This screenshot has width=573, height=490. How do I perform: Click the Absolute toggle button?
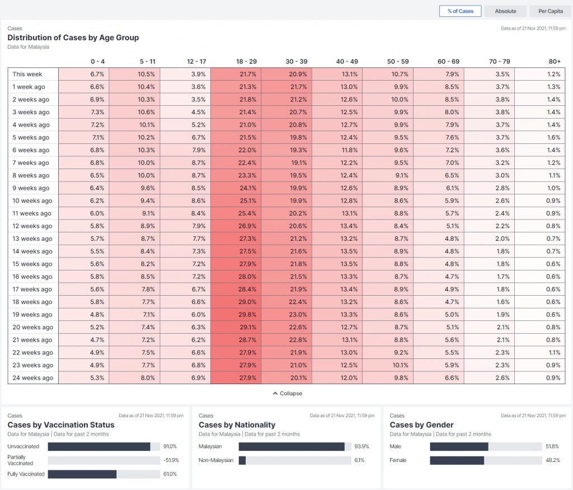click(505, 11)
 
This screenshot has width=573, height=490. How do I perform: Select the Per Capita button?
click(550, 11)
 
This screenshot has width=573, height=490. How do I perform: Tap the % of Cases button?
click(460, 11)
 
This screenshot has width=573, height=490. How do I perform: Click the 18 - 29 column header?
click(247, 61)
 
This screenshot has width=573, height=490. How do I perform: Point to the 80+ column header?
click(555, 61)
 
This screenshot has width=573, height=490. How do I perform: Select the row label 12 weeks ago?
click(32, 226)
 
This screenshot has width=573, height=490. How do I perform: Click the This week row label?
click(27, 74)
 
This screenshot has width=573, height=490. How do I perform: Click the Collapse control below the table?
click(287, 394)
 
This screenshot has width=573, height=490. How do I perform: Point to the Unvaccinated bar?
click(99, 447)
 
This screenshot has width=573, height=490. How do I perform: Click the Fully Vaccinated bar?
click(82, 474)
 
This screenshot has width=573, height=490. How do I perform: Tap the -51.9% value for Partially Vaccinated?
click(170, 460)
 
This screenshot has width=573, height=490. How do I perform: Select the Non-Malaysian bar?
click(242, 460)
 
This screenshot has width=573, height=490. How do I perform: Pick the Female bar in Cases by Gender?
click(457, 460)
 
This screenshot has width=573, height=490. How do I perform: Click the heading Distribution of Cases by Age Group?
click(73, 38)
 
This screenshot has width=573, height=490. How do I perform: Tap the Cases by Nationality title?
click(237, 425)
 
